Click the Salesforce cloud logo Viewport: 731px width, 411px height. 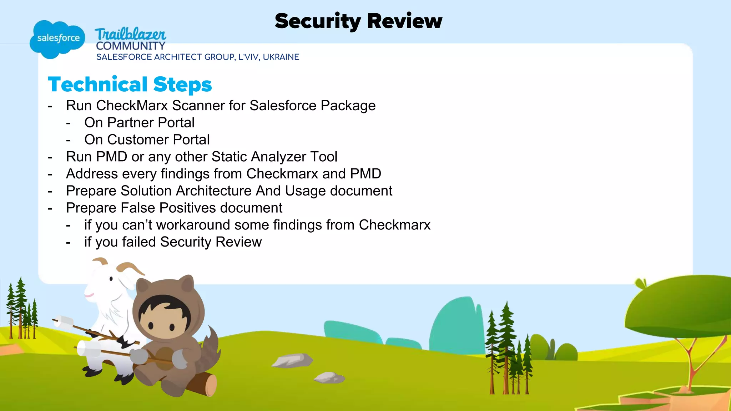57,39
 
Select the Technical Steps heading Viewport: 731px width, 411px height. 130,85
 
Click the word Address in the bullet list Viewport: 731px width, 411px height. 92,174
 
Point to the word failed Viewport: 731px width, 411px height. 139,242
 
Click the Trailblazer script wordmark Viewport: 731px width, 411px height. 130,34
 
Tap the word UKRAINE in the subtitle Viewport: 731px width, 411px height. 281,57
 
